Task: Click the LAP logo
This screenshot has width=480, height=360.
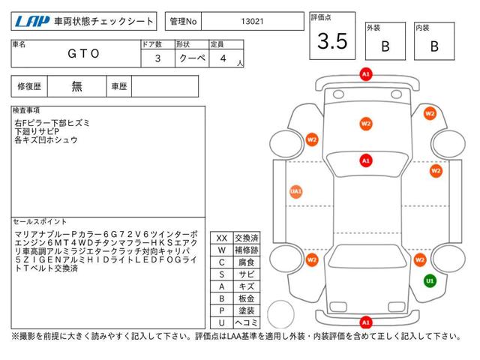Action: click(32, 21)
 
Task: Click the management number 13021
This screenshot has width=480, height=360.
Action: click(252, 21)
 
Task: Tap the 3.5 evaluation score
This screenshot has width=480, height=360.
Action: click(332, 41)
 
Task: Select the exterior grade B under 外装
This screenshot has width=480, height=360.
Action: click(385, 46)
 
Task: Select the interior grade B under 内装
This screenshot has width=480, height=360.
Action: click(434, 46)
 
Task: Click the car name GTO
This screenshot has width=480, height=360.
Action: click(83, 53)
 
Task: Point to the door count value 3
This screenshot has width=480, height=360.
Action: click(157, 58)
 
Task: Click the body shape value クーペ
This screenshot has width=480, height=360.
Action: click(192, 58)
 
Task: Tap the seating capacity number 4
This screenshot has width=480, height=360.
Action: click(223, 58)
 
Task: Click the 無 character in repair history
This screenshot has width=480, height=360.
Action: click(76, 86)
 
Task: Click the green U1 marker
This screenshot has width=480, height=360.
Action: click(430, 280)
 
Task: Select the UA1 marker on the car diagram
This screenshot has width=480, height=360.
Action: click(295, 192)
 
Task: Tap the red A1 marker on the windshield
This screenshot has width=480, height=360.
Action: click(366, 160)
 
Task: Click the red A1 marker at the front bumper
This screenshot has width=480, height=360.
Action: click(366, 74)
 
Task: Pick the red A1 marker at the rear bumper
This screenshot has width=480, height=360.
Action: click(366, 322)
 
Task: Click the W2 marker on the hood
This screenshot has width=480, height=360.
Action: click(366, 124)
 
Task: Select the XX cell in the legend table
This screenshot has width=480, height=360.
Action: click(222, 238)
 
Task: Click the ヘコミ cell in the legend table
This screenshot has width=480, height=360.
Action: click(247, 322)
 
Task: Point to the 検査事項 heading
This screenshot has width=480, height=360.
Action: click(26, 110)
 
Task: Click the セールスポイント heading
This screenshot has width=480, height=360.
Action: click(40, 222)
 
